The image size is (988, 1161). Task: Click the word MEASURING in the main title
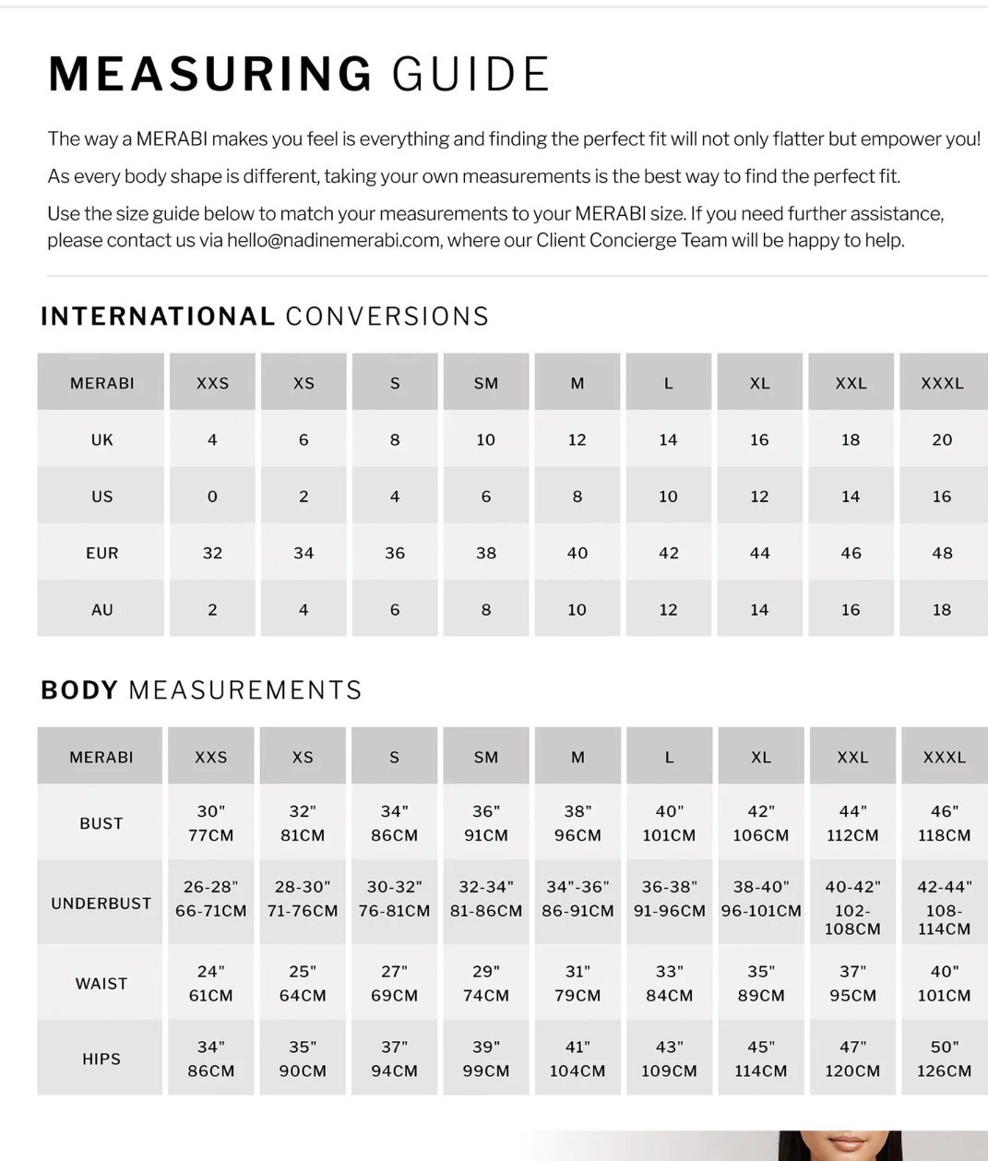coord(210,74)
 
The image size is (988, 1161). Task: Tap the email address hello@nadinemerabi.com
coord(333,241)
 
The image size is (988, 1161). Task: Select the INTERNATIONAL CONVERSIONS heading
coord(265,317)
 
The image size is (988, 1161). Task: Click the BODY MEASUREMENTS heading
coord(201,690)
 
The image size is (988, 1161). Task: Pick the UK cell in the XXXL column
coord(942,440)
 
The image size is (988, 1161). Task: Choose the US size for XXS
coord(212,497)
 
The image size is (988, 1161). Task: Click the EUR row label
coord(101,553)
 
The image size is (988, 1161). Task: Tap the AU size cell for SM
coord(486,610)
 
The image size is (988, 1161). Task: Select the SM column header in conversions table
coord(486,383)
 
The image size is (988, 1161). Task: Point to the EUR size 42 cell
coord(669,553)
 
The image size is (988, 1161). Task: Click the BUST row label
coord(101,823)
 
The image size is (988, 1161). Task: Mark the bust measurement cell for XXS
coord(211,823)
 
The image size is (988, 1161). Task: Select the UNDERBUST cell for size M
coord(577,899)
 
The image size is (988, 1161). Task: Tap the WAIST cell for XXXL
coord(944,983)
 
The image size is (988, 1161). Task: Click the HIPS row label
coord(101,1059)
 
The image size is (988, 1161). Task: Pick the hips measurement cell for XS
coord(303,1059)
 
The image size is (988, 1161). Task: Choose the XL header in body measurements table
coord(761,757)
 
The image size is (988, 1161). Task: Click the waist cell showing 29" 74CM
coord(486,983)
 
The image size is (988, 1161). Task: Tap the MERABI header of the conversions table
coord(101,383)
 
